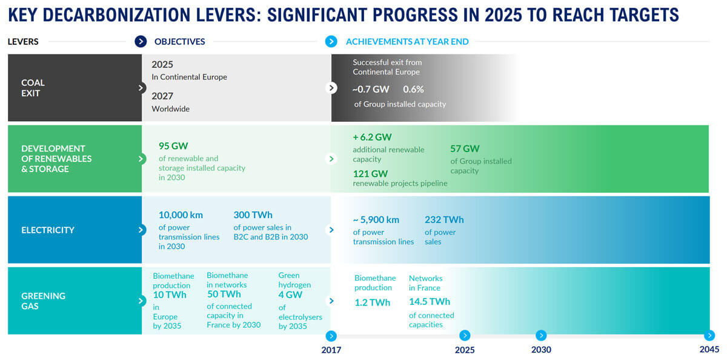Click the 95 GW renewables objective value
173,146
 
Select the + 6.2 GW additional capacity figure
372,138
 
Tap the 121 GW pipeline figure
371,173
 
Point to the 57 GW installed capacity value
465,148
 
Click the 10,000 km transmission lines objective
181,215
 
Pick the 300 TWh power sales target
253,215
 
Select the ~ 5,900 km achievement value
376,220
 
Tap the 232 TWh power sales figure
444,220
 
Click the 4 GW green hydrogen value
290,295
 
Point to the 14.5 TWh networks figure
430,301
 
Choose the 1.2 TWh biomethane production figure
373,302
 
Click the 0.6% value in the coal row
413,89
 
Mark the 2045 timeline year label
709,350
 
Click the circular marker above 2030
541,335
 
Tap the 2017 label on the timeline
331,350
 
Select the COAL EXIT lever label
33,88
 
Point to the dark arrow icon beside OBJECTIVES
141,42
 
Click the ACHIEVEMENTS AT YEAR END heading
407,42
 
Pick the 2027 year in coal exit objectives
162,96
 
